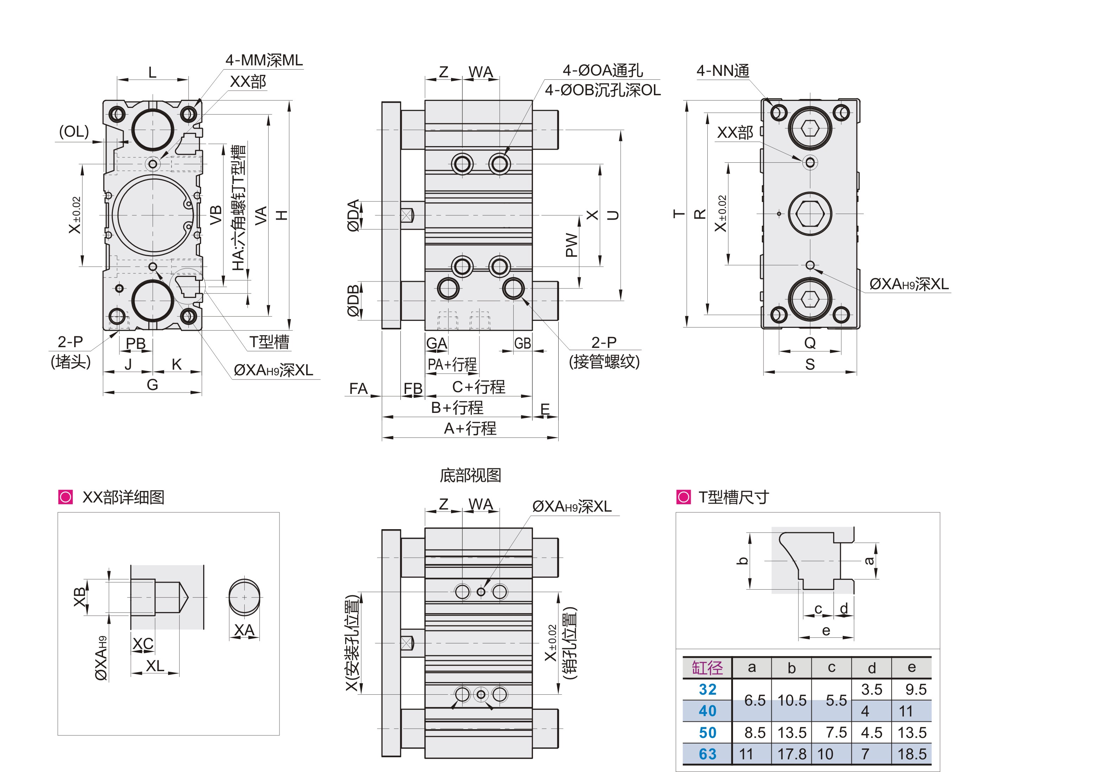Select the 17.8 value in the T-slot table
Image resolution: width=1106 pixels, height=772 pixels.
point(791,754)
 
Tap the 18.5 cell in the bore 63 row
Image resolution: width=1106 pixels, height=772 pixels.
point(911,754)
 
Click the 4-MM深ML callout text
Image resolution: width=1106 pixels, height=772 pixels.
point(264,60)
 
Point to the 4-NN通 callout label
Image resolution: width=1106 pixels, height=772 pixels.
point(722,71)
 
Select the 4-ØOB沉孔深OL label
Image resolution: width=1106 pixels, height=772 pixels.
point(602,90)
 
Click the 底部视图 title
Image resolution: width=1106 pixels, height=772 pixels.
point(470,475)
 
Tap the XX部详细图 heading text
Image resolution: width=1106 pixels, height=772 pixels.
point(123,497)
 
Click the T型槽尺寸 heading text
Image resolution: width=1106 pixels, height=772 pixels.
point(733,497)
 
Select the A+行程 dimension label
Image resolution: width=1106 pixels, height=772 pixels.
point(470,428)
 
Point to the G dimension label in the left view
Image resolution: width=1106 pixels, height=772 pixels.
point(152,384)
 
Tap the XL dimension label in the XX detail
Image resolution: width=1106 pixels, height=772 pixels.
point(155,666)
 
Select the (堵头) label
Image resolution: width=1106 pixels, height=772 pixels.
point(71,362)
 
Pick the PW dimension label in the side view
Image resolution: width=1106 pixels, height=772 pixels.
point(571,245)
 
